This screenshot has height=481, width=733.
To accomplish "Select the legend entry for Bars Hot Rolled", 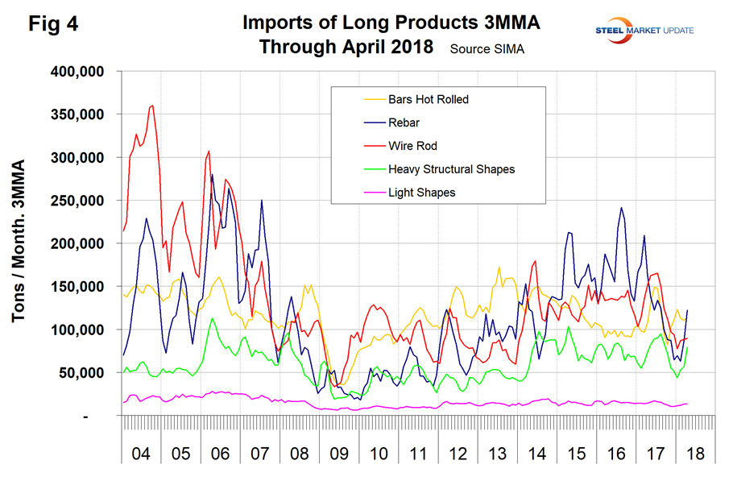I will (416, 100).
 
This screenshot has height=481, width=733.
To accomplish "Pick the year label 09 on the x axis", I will (337, 454).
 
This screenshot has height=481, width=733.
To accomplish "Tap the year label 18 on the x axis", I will (694, 454).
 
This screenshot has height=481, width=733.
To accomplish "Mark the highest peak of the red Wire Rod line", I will (152, 105).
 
